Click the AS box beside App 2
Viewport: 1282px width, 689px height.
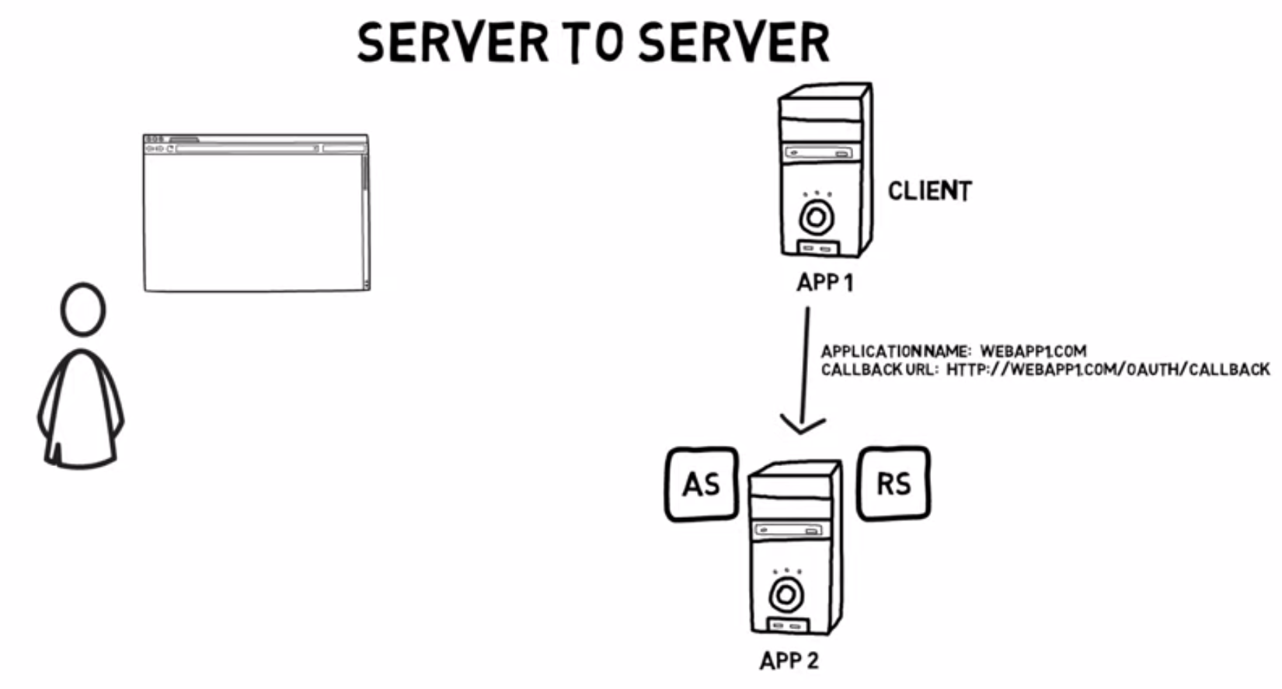pyautogui.click(x=701, y=484)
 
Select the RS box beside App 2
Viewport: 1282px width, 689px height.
pyautogui.click(x=894, y=483)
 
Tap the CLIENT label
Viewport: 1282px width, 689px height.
pyautogui.click(x=929, y=191)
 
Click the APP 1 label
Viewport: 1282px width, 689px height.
pyautogui.click(x=824, y=283)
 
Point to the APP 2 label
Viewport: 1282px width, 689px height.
pyautogui.click(x=789, y=661)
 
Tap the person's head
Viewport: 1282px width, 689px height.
pyautogui.click(x=82, y=310)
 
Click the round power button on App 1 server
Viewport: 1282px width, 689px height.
pyautogui.click(x=816, y=218)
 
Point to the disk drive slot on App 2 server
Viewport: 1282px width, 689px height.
pyautogui.click(x=788, y=531)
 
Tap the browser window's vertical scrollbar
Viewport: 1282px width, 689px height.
pyautogui.click(x=364, y=217)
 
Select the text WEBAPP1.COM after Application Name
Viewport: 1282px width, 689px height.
pyautogui.click(x=1033, y=351)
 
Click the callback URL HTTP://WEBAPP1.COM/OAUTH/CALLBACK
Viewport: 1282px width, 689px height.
pyautogui.click(x=1107, y=370)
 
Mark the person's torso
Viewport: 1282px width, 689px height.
pyautogui.click(x=81, y=408)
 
